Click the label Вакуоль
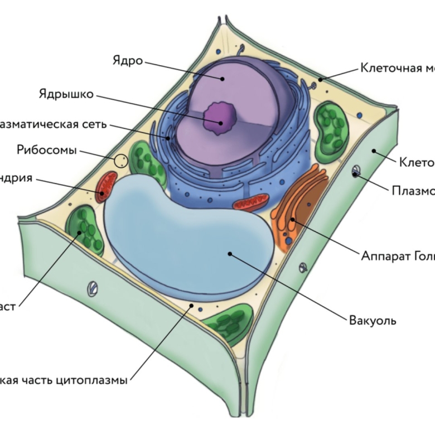click(372, 321)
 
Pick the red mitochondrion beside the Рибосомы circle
click(105, 187)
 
